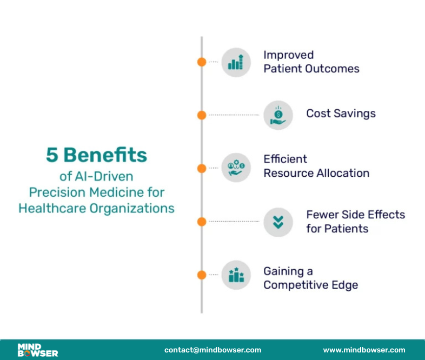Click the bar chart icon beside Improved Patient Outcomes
click(236, 62)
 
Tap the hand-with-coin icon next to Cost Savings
click(278, 115)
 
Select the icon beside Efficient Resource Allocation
click(236, 168)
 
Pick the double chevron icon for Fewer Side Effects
click(278, 222)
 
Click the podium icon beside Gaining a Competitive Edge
click(236, 275)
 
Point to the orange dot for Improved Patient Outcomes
click(202, 62)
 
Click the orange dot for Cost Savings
click(202, 115)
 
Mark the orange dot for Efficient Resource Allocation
click(202, 168)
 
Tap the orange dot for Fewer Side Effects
click(202, 222)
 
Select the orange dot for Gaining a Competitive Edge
click(202, 275)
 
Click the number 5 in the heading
click(52, 155)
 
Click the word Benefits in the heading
click(105, 155)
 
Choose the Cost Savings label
click(341, 114)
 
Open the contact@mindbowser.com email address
click(212, 350)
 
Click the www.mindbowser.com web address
click(364, 350)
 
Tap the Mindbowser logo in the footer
click(37, 350)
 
